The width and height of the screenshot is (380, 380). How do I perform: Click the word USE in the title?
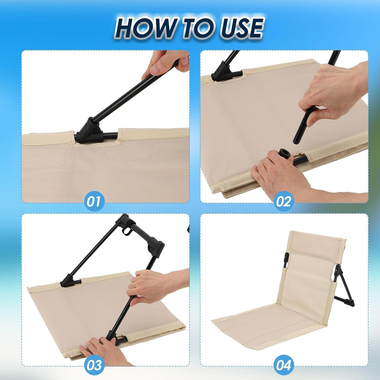(242, 28)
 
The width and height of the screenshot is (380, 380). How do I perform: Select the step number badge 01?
(94, 201)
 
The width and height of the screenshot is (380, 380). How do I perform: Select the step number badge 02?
(284, 201)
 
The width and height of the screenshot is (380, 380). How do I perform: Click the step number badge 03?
(94, 365)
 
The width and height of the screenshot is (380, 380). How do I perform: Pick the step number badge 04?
(284, 365)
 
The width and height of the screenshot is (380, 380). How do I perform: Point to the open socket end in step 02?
(285, 153)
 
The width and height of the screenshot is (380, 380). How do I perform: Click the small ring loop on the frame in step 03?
(127, 230)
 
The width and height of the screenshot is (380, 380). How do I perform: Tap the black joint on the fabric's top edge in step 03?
(70, 281)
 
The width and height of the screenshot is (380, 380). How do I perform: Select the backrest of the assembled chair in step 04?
(312, 274)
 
